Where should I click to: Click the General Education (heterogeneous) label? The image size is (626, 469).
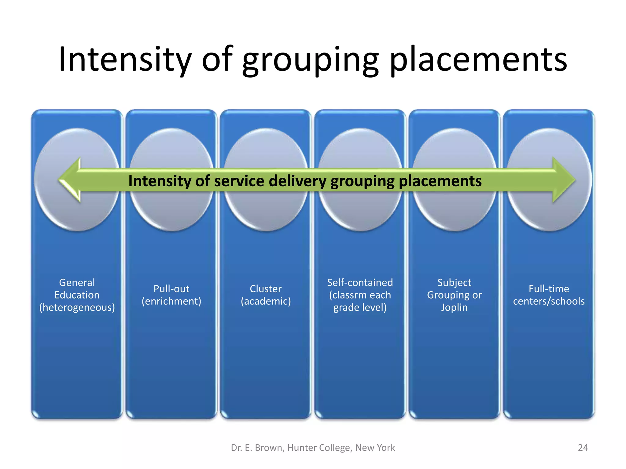coord(77,295)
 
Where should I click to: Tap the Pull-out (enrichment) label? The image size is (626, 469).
coord(171,295)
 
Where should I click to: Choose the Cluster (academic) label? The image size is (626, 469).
coord(266,295)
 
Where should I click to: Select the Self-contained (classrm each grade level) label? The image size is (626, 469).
coord(360,295)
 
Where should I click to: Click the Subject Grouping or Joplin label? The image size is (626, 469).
coord(454,295)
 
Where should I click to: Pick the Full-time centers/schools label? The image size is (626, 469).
coord(549,295)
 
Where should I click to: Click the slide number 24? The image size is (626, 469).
coord(583,448)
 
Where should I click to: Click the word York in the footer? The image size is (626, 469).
coord(386,448)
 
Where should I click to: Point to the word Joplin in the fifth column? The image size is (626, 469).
coord(454,307)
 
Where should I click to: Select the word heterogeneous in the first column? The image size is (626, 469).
coord(77,307)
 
